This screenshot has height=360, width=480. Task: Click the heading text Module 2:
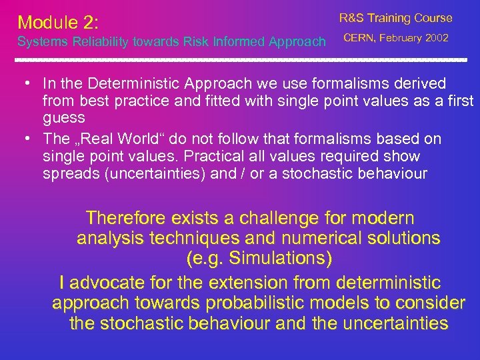[x=58, y=23]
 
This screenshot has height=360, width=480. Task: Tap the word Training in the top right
[x=390, y=18]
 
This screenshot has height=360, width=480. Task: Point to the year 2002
[x=436, y=38]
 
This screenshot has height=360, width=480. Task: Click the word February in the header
[x=401, y=38]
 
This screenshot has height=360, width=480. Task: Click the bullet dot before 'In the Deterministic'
[x=23, y=84]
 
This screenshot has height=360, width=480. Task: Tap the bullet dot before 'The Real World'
[x=23, y=139]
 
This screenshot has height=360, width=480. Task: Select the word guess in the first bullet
[x=63, y=117]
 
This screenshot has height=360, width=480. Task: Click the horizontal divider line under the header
[x=240, y=60]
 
